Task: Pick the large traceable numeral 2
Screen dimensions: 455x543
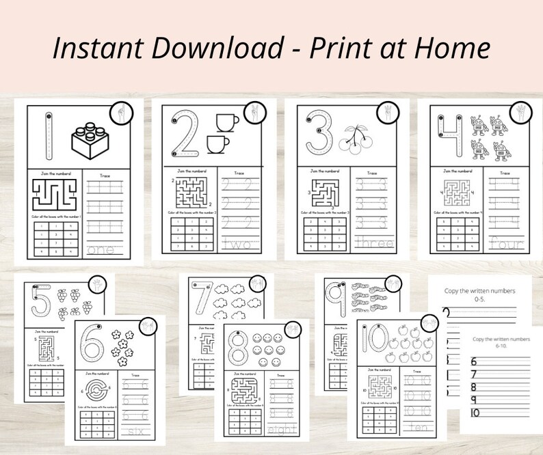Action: (185, 134)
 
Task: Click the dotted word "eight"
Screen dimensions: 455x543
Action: (283, 430)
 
